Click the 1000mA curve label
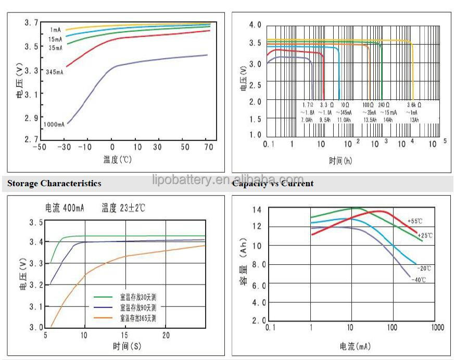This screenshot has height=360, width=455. [54, 124]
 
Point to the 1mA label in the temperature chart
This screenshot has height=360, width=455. [56, 29]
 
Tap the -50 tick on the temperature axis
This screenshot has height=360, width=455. [39, 147]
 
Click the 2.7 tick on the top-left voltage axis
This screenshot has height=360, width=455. [32, 139]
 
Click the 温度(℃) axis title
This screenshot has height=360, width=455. [117, 160]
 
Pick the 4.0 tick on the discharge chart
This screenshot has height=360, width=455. [255, 25]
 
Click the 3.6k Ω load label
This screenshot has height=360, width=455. [413, 105]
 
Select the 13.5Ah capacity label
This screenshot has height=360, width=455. [370, 120]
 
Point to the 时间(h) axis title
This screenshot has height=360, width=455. [340, 161]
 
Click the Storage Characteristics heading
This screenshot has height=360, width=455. [54, 184]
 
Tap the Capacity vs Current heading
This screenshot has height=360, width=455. [273, 184]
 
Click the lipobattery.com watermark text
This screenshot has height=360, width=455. [228, 180]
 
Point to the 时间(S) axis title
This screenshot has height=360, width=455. [126, 346]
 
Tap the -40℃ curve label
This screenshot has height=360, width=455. [419, 280]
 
